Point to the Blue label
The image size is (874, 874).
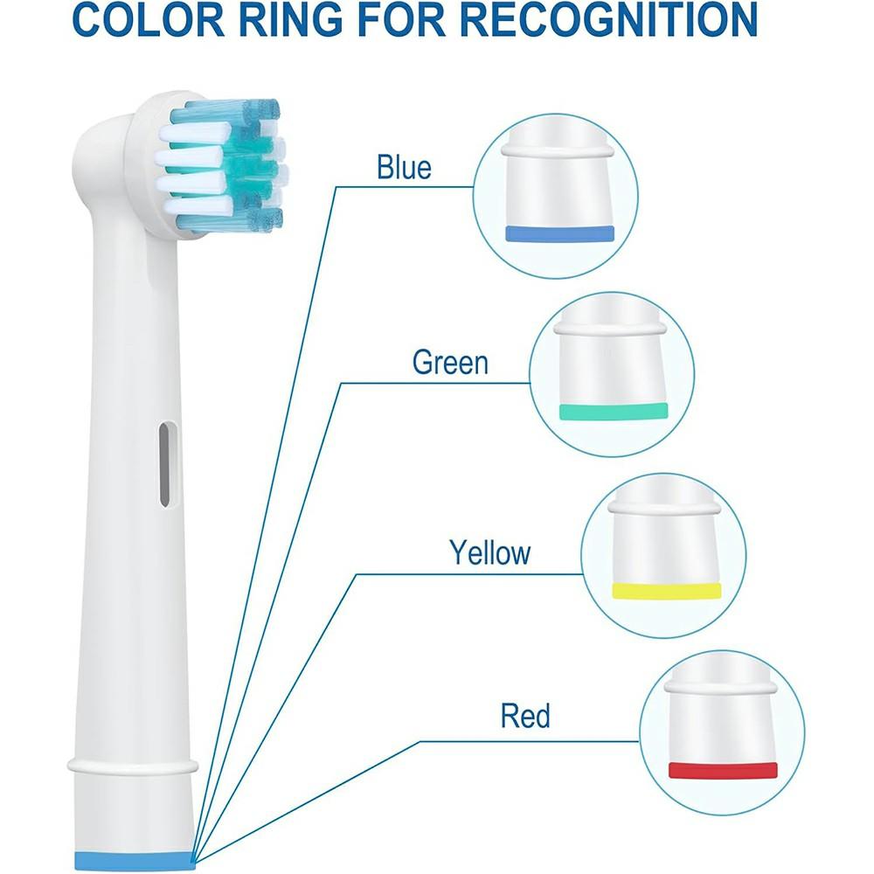(x=404, y=167)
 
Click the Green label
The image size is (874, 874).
(x=450, y=362)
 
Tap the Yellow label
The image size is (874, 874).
(x=489, y=552)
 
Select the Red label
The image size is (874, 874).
(x=525, y=717)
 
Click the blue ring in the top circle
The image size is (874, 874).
(x=560, y=232)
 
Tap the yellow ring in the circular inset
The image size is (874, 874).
(x=666, y=590)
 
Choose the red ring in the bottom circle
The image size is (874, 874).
(x=723, y=770)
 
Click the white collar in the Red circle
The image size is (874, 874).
(x=722, y=686)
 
